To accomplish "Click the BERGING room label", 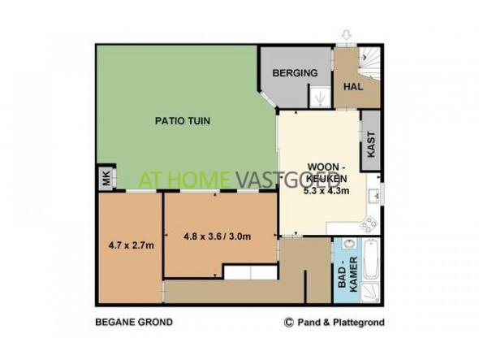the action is click(295, 73).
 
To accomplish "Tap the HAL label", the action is click(353, 87).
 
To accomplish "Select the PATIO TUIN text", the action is click(183, 121).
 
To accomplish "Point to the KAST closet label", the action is click(370, 145).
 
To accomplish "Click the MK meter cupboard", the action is click(106, 178).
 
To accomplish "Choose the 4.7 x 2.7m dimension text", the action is click(131, 245).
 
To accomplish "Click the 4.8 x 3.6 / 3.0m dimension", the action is click(218, 236).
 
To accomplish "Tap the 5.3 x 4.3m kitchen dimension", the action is click(326, 191).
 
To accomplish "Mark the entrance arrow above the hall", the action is click(346, 35).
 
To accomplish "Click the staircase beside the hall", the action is click(369, 63).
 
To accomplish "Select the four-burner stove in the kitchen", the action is click(369, 224).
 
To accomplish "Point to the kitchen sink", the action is click(374, 196).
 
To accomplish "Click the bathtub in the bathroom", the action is click(371, 259).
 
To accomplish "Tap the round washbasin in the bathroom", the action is click(349, 244).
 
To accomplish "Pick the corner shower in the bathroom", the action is click(370, 292).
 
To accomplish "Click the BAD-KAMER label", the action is click(348, 275).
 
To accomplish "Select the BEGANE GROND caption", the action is click(134, 322).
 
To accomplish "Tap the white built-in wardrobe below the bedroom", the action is click(251, 272).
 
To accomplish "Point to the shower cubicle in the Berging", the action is click(320, 98).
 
